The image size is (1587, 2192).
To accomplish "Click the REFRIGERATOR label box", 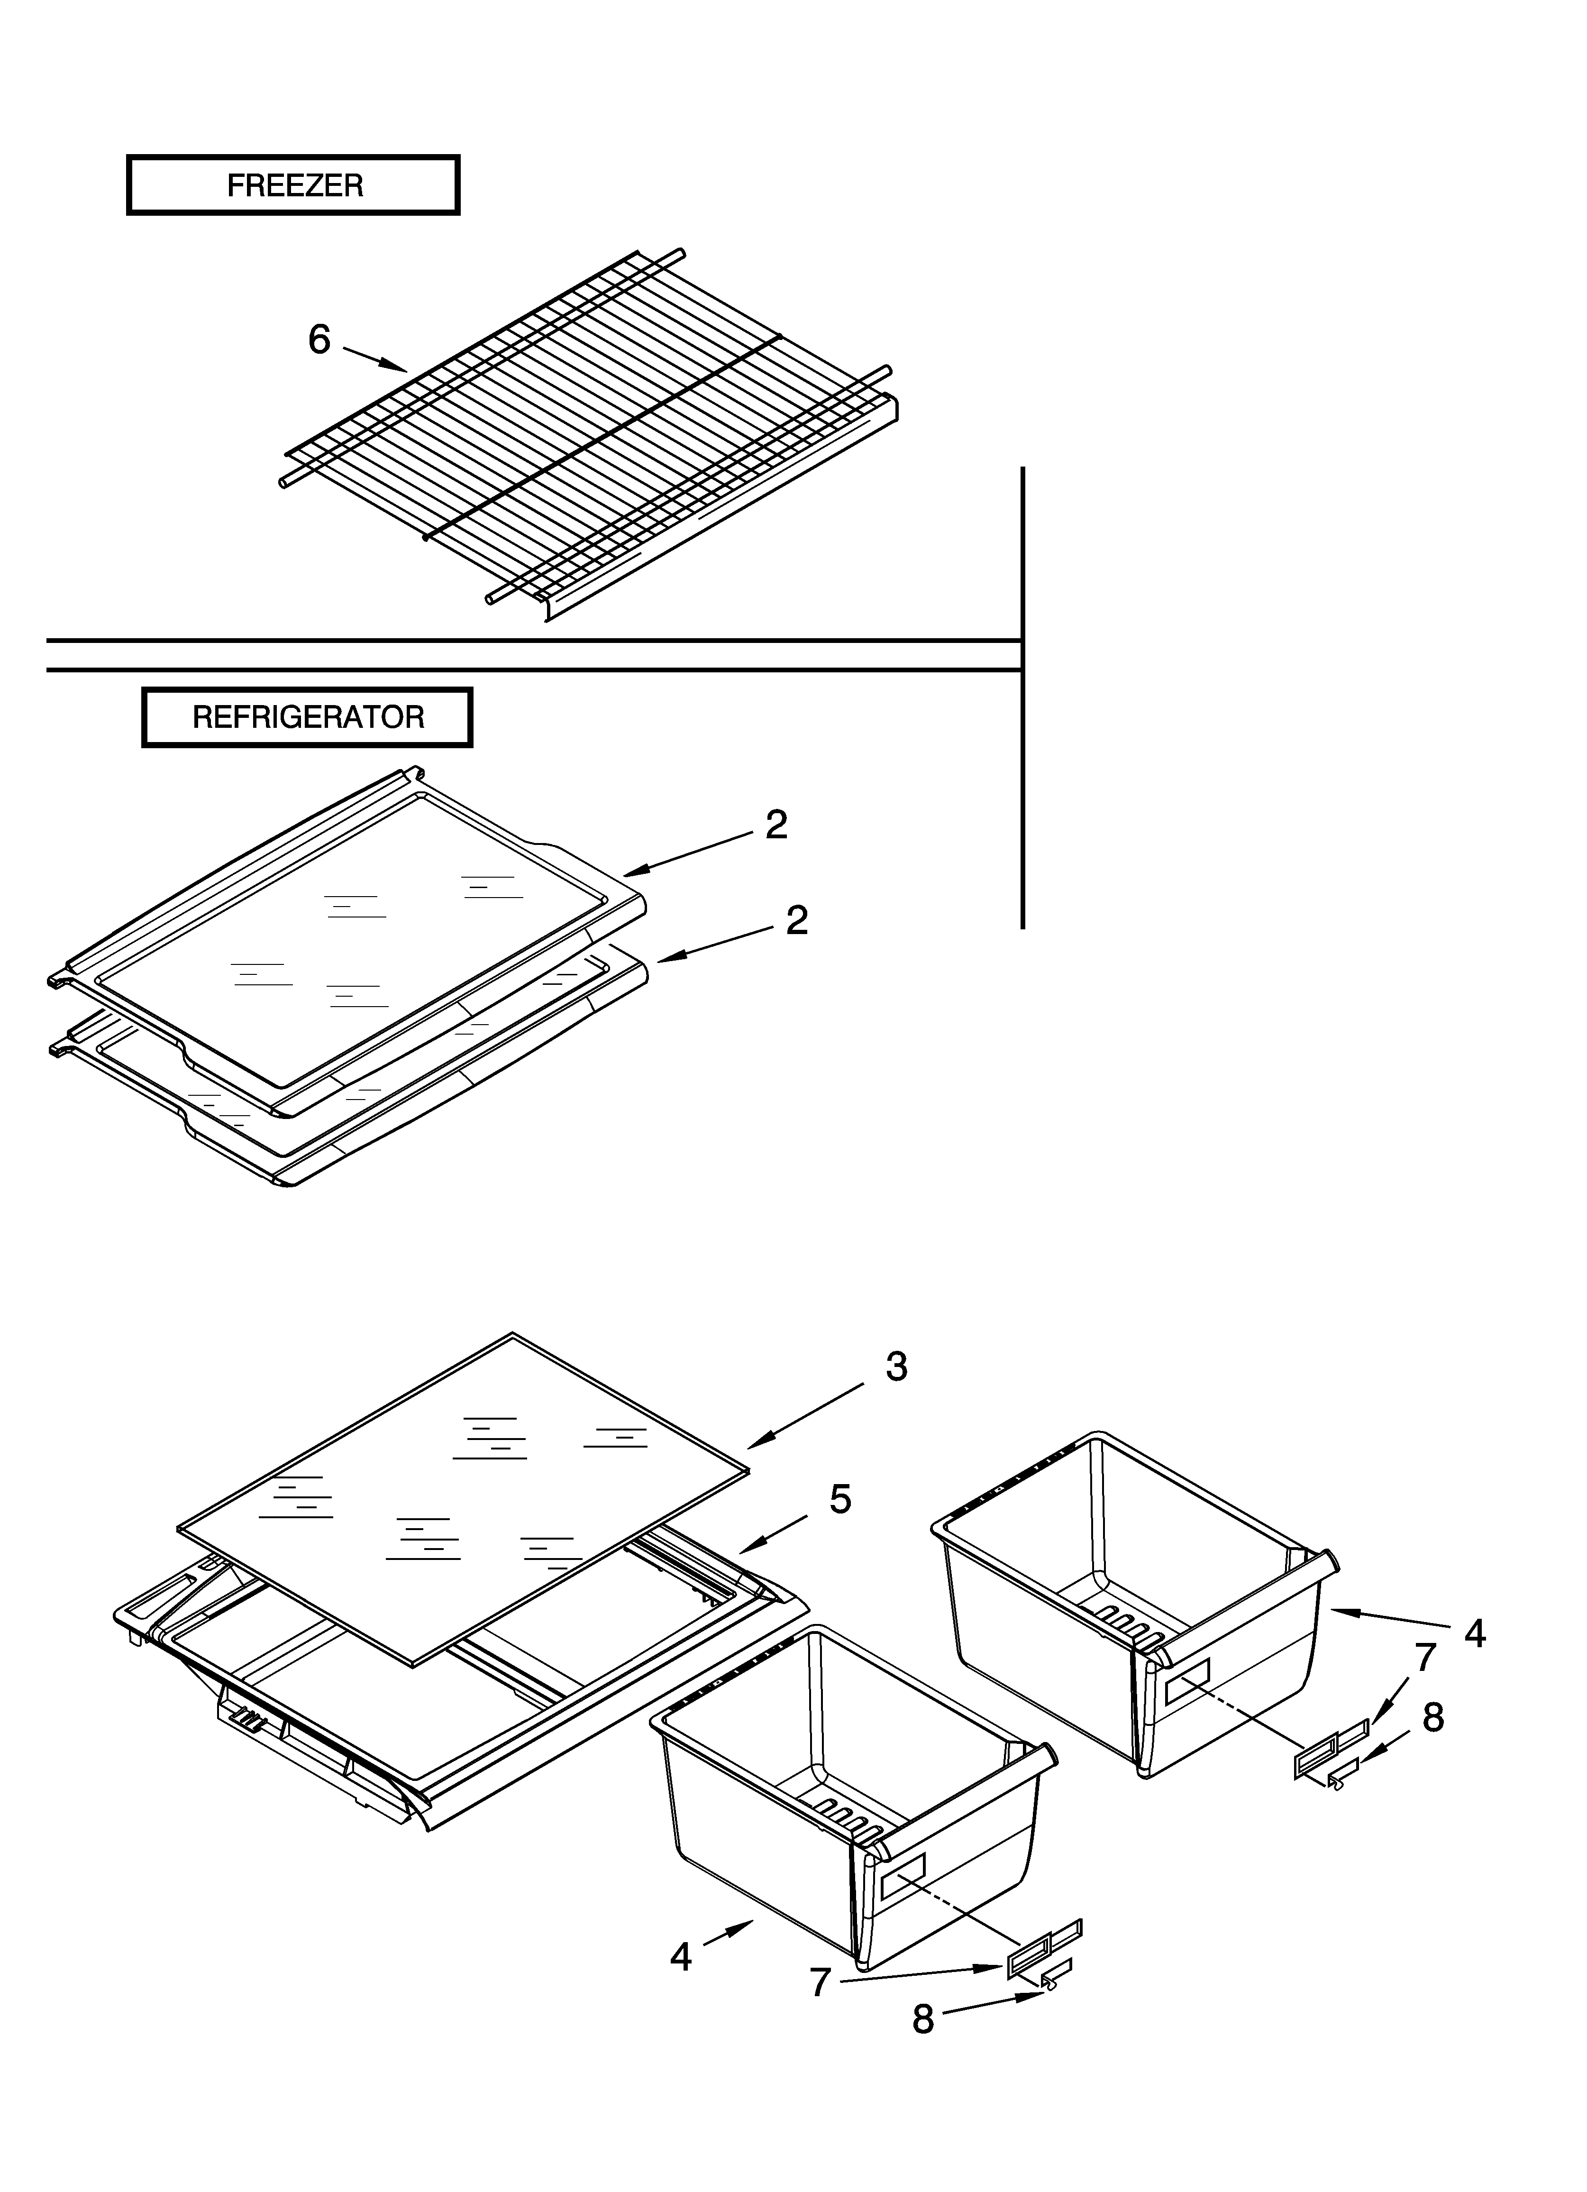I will pos(307,717).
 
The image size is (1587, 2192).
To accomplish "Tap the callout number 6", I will pos(319,340).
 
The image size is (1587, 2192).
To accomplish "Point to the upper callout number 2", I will pos(776,825).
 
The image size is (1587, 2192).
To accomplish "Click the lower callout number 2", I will pos(796,920).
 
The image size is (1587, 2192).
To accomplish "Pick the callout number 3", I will pos(896,1367).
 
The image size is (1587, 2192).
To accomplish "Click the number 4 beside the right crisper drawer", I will pos(1474,1633).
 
